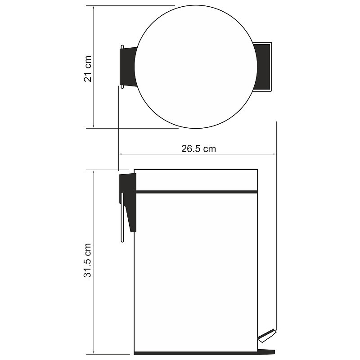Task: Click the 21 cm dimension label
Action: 87,69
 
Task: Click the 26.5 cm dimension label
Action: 198,149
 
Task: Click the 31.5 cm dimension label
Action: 87,261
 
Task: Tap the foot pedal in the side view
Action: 266,336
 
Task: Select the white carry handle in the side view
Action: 122,217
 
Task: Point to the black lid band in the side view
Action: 197,192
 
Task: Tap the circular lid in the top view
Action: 196,67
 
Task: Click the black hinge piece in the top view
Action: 129,67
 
